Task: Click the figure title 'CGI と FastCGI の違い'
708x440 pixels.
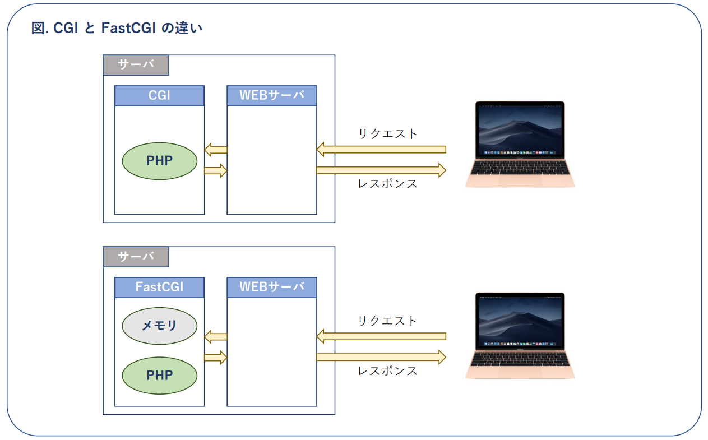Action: [x=117, y=28]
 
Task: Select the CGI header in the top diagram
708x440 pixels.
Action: [x=159, y=96]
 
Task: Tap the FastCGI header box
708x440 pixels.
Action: [x=159, y=287]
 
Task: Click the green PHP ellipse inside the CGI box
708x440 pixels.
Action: [x=159, y=161]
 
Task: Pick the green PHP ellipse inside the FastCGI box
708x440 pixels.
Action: [x=159, y=375]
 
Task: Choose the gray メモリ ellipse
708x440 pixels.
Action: [x=159, y=325]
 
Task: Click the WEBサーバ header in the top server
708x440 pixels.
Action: [x=272, y=96]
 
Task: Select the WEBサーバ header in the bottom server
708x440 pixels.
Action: [x=272, y=287]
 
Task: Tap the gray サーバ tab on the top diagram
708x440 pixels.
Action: [x=136, y=65]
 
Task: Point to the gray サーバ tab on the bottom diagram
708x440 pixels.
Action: [x=136, y=257]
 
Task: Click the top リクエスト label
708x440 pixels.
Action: [x=388, y=134]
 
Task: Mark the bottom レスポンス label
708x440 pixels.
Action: [x=388, y=371]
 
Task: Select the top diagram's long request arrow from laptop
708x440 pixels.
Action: [x=381, y=150]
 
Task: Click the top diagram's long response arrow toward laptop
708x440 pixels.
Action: [x=381, y=170]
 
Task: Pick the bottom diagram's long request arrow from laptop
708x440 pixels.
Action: [x=381, y=336]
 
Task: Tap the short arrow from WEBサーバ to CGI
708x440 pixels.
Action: [x=215, y=150]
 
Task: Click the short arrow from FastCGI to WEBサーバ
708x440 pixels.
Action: [x=215, y=357]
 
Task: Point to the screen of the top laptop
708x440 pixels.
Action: [x=520, y=129]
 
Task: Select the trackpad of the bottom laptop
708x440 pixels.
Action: [x=520, y=370]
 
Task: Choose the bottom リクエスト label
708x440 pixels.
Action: [x=388, y=321]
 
